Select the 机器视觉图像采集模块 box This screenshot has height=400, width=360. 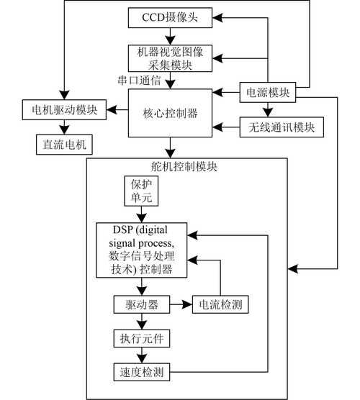(x=170, y=58)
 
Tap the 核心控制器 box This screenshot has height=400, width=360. (x=170, y=113)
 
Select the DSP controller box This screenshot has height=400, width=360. (x=141, y=250)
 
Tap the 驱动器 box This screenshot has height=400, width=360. (x=141, y=304)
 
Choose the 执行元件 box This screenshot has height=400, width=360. (x=141, y=337)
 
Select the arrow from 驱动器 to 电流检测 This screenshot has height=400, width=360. (x=180, y=304)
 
